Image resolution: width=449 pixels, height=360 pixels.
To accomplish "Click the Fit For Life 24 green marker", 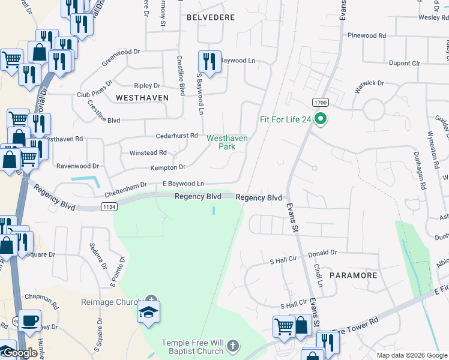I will (321, 119).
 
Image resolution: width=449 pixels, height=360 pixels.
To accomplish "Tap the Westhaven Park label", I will (227, 142).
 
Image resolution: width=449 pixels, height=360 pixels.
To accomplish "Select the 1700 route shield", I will (319, 102).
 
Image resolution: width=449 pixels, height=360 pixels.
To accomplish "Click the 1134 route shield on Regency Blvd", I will (109, 207).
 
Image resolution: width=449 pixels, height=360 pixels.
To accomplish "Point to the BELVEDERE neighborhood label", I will (211, 18).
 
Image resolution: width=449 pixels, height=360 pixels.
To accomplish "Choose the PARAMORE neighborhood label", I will (353, 275).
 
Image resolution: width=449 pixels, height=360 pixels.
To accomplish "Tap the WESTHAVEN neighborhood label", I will (142, 97).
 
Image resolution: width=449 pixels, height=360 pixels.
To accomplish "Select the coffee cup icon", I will (29, 320).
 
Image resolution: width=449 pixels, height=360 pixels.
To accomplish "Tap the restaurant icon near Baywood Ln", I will (209, 62).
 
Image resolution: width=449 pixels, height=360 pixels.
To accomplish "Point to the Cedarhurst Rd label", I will (176, 136).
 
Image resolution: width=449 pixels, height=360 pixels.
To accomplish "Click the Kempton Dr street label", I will (167, 167).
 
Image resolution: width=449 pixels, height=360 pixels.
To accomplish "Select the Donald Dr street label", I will (324, 253).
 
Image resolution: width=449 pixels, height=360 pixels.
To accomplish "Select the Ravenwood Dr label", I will (77, 166).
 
